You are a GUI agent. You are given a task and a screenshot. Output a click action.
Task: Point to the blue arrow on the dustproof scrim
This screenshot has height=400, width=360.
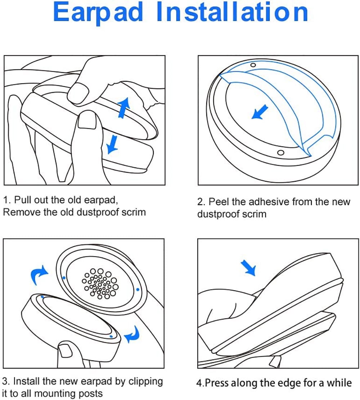[x=260, y=112]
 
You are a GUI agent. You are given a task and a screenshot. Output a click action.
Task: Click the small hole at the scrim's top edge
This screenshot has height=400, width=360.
[x=253, y=65]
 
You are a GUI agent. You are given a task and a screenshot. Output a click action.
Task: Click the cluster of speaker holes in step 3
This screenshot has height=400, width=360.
[x=100, y=283]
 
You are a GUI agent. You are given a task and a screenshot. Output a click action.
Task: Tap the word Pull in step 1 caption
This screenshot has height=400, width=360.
[x=24, y=200]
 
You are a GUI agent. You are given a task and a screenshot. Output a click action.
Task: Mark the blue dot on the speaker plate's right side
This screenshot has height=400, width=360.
[x=138, y=289]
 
